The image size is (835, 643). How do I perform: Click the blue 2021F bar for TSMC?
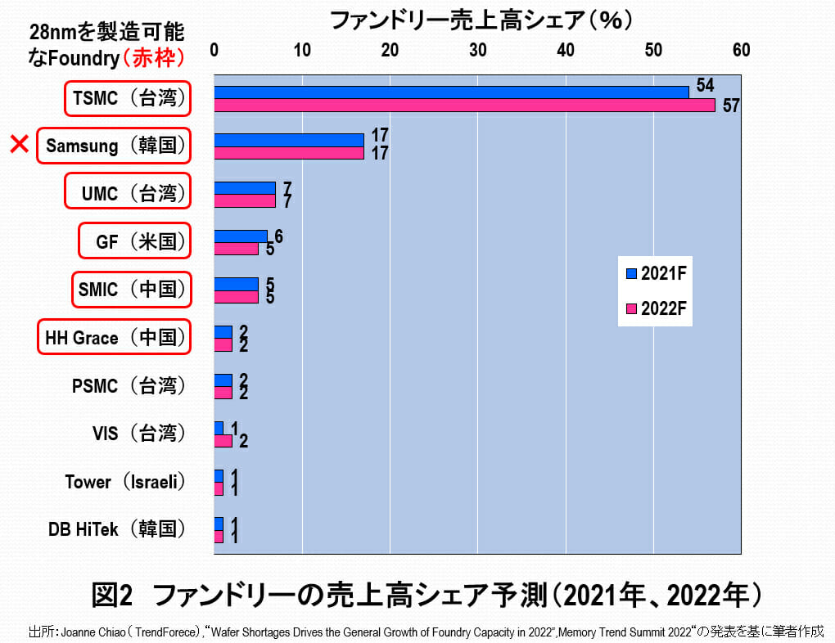450,92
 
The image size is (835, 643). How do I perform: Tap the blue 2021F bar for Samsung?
288,140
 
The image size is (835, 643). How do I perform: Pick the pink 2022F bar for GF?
236,249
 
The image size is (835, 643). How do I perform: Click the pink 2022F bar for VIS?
223,441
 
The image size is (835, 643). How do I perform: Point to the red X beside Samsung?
20,146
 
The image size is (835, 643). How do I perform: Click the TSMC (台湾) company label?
128,98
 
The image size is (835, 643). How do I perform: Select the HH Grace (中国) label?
114,338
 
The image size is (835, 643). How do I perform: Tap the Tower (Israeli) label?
124,482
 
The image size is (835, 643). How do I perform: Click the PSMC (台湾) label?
128,385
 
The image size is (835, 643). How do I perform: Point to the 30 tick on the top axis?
477,50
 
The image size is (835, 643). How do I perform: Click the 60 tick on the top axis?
741,50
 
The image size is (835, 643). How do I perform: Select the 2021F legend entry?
655,273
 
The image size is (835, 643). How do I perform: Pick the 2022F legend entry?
655,308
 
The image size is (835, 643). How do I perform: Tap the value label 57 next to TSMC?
730,106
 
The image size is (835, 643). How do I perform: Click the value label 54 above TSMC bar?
704,85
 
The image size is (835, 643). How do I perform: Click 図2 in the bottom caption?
112,596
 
